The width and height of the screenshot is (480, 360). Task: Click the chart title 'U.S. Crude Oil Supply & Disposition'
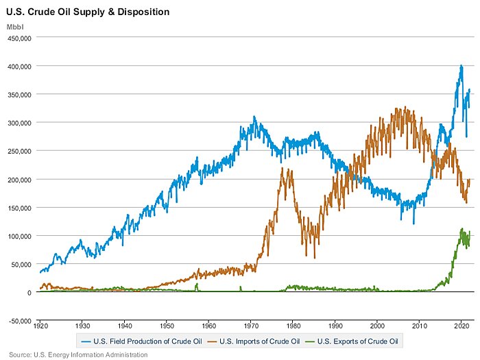[88, 12]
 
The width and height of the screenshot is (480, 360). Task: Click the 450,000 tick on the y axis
[19, 38]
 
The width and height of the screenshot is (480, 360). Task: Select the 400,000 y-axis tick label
[19, 67]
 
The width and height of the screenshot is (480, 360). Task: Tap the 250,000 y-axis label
[19, 151]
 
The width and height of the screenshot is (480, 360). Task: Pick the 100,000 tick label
[19, 236]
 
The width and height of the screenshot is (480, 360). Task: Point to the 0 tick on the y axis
[29, 293]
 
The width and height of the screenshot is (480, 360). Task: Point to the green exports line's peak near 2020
[461, 229]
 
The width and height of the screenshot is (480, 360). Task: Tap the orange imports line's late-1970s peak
[283, 168]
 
